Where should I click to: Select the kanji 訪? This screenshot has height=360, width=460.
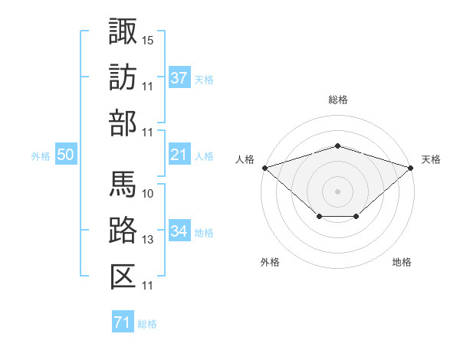[x=123, y=77]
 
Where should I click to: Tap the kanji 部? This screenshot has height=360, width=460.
[x=123, y=123]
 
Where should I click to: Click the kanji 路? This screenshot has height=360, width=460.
[x=123, y=231]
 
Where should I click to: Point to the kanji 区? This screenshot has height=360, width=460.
[x=123, y=277]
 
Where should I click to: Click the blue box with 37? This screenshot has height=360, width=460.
[x=179, y=77]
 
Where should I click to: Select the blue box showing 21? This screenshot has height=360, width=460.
[x=179, y=155]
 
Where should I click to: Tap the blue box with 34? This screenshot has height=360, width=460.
[x=179, y=231]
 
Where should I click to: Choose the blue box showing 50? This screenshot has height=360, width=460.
[x=66, y=155]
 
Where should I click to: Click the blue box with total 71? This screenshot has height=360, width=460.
[x=123, y=323]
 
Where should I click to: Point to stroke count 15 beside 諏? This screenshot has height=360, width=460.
[x=148, y=39]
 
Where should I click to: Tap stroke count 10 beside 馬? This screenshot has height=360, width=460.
[x=148, y=193]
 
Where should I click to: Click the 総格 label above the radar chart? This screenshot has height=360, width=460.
[x=338, y=100]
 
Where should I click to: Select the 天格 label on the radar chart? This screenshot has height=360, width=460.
[x=431, y=159]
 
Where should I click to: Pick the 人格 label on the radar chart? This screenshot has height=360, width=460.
[x=245, y=159]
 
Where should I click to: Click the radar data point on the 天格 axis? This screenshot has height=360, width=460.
[x=412, y=167]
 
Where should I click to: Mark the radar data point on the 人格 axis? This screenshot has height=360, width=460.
[x=264, y=167]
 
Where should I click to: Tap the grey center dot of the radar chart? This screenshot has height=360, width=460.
[x=338, y=191]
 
